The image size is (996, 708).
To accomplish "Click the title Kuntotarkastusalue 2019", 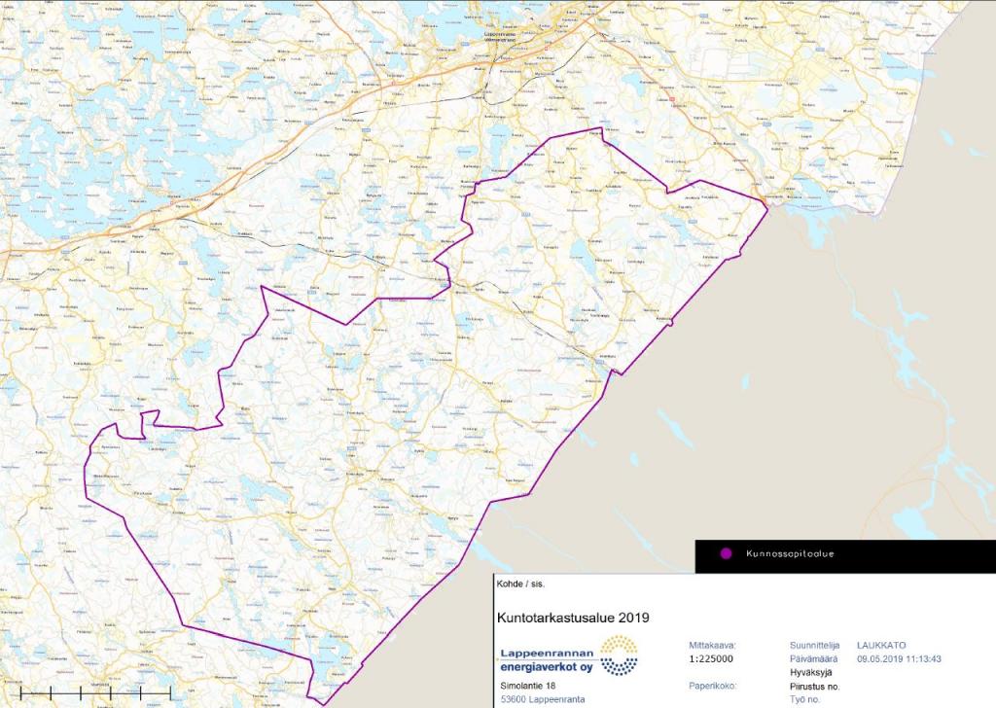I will coord(572,617).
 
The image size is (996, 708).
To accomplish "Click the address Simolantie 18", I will coord(528,687).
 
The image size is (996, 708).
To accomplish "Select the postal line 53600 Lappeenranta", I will coord(542,699).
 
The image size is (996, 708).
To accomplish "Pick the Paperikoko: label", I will coord(713,686).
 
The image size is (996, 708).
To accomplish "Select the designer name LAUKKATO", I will coord(881,645).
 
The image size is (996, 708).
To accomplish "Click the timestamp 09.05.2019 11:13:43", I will coord(899,659).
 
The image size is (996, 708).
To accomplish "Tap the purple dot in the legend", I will coord(725,554).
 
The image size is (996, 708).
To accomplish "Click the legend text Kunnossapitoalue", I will coord(791,554).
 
